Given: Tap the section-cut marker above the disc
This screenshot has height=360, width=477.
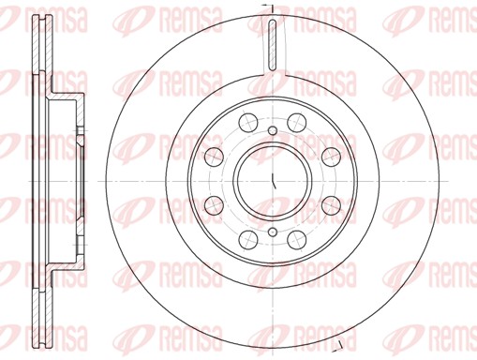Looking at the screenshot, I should tap(267, 8).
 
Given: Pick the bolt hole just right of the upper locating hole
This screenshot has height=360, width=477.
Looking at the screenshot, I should tap(296, 120).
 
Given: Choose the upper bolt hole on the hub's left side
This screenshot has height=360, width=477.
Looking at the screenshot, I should tap(212, 155).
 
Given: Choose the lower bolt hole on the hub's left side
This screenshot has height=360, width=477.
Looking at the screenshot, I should tap(212, 203).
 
